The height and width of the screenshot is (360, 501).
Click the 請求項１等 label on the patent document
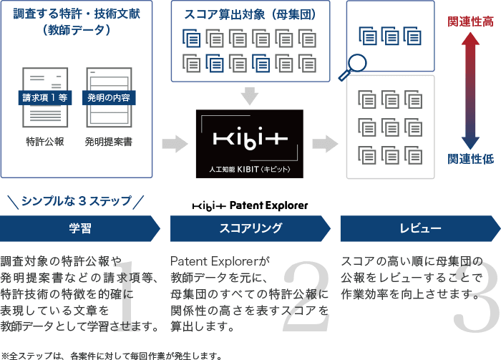click(x=45, y=98)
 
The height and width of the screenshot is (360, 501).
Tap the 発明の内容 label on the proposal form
click(x=109, y=98)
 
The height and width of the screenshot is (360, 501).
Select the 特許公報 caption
click(x=45, y=142)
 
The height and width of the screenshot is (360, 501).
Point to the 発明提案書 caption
click(x=109, y=142)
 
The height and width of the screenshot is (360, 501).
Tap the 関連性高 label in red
click(x=470, y=21)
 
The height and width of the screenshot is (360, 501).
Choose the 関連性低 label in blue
click(x=470, y=159)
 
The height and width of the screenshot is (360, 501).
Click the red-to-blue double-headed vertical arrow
click(x=470, y=91)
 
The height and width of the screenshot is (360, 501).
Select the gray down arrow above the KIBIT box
click(x=250, y=96)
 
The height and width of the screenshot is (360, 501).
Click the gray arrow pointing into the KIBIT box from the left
click(x=175, y=144)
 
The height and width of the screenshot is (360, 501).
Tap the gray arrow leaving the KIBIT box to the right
click(x=325, y=144)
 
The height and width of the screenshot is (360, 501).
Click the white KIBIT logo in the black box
click(x=250, y=138)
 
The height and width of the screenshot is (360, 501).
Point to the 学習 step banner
click(x=80, y=228)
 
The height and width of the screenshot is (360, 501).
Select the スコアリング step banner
click(x=250, y=228)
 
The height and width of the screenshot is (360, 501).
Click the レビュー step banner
click(x=421, y=228)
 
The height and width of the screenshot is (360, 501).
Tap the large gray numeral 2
click(x=306, y=296)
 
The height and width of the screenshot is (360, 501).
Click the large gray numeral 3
click(x=477, y=296)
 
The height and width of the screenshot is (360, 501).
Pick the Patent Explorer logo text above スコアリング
click(x=250, y=205)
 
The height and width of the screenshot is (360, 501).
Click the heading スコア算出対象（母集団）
click(x=250, y=14)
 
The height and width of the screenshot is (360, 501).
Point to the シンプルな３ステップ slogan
click(x=76, y=201)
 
